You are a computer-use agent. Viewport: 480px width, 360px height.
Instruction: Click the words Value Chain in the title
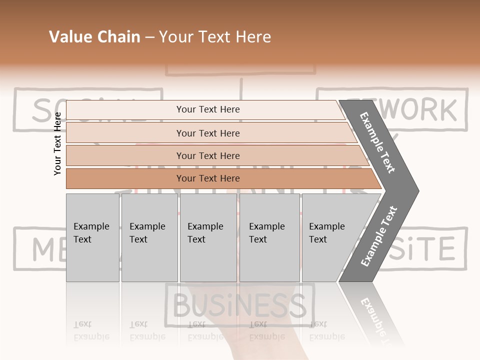94,37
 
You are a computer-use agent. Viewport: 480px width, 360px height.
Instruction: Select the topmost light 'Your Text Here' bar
207,109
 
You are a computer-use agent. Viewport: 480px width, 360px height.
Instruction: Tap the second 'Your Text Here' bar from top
207,133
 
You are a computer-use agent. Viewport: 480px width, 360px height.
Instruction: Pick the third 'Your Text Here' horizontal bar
207,155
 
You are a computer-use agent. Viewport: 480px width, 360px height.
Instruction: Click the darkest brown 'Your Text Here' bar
207,178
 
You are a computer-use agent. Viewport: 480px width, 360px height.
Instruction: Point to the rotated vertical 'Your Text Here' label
57,143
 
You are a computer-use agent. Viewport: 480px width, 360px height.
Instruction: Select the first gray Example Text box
92,237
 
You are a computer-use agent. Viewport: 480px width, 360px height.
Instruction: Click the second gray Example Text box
149,237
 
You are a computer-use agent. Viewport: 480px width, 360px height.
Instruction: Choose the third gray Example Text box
208,237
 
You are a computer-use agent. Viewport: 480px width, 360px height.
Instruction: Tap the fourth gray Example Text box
269,237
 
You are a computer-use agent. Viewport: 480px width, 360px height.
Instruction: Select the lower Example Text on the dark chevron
378,236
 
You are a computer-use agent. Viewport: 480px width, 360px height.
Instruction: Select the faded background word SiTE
424,248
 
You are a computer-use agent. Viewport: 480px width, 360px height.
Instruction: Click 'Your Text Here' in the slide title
215,37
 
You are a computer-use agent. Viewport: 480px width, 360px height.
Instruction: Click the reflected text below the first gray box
91,331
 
